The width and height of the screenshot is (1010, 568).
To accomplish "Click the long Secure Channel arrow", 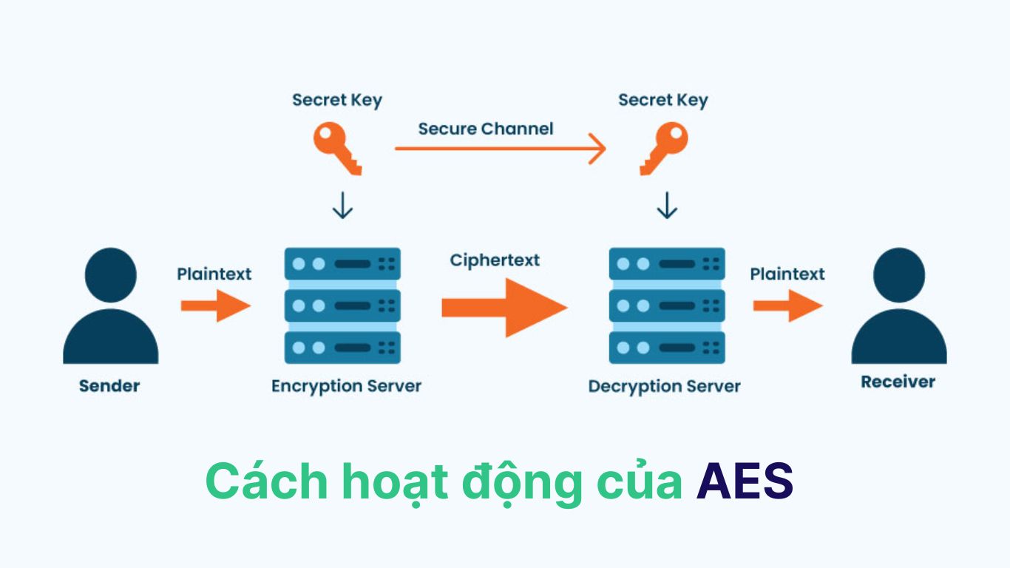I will pos(500,149).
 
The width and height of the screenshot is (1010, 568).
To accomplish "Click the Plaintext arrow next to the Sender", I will pos(215,305).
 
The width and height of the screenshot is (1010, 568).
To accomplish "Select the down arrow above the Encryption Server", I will pos(342,206).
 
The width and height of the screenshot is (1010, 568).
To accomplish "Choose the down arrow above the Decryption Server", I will pos(667,206).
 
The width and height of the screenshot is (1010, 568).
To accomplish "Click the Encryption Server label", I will pos(346,386).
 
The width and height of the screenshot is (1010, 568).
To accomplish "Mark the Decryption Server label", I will pos(664,386).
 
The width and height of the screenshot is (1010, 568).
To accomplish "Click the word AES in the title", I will pos(745,482).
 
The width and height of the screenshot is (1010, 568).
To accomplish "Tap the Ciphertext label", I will pos(495,260).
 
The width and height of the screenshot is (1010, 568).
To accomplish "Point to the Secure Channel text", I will pos(485,129).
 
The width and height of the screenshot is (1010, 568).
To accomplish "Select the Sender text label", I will pos(109,386).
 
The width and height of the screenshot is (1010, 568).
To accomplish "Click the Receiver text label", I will pos(898,382).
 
